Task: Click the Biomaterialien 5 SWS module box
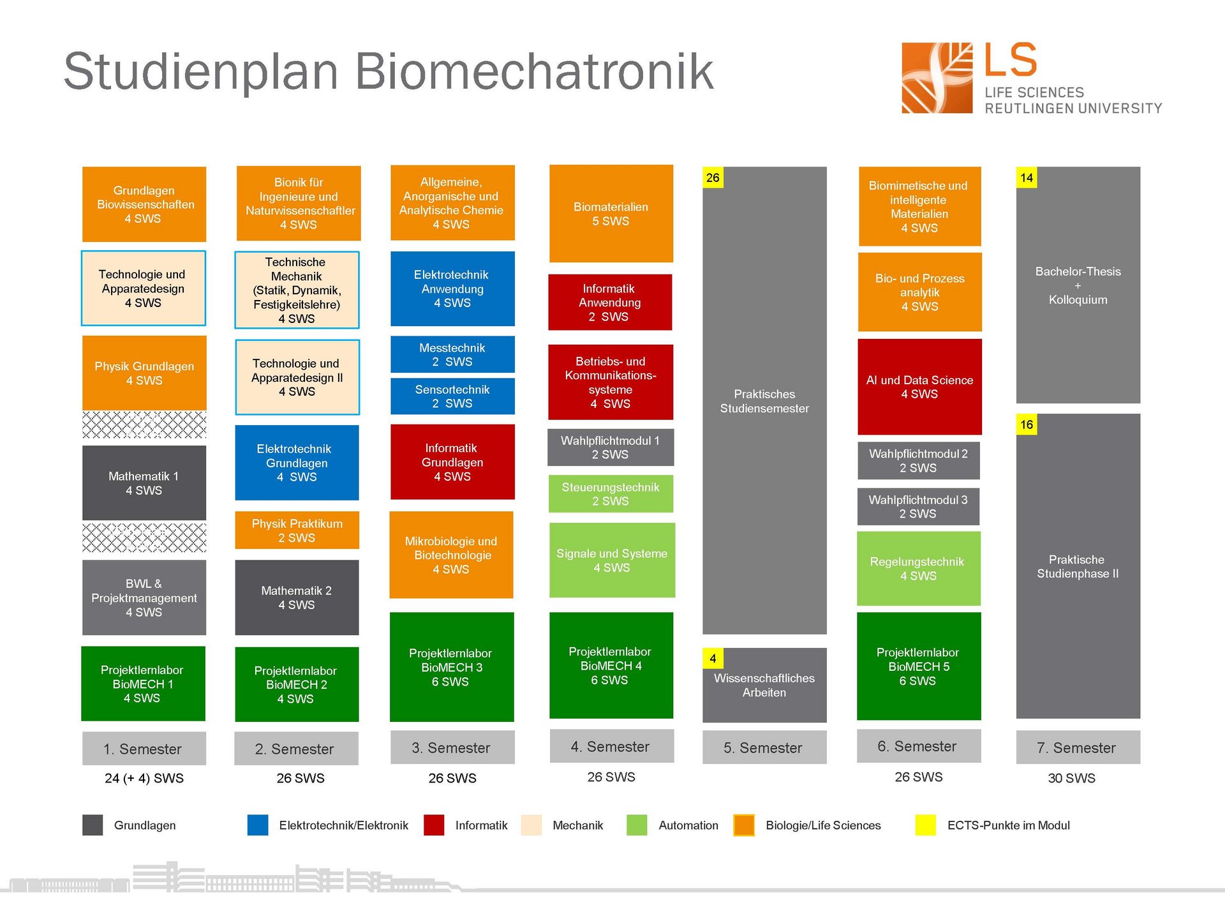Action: [611, 214]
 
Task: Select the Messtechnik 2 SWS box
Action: [452, 354]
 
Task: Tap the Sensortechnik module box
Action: [452, 396]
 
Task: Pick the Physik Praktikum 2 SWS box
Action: [297, 530]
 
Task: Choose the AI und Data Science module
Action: [919, 387]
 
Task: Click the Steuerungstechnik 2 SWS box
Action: [611, 493]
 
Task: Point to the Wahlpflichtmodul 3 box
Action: [918, 507]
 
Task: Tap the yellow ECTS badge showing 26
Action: [713, 178]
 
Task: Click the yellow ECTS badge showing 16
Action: [1026, 424]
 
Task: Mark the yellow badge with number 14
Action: [1026, 178]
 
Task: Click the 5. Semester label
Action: [764, 747]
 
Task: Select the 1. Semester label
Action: [144, 749]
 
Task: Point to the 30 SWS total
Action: [1071, 778]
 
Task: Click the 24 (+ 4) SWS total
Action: [144, 778]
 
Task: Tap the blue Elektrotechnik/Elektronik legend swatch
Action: [258, 825]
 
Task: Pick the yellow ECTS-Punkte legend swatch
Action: [925, 825]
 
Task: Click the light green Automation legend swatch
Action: [637, 825]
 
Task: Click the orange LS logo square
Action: [937, 78]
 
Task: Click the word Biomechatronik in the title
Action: [534, 71]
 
